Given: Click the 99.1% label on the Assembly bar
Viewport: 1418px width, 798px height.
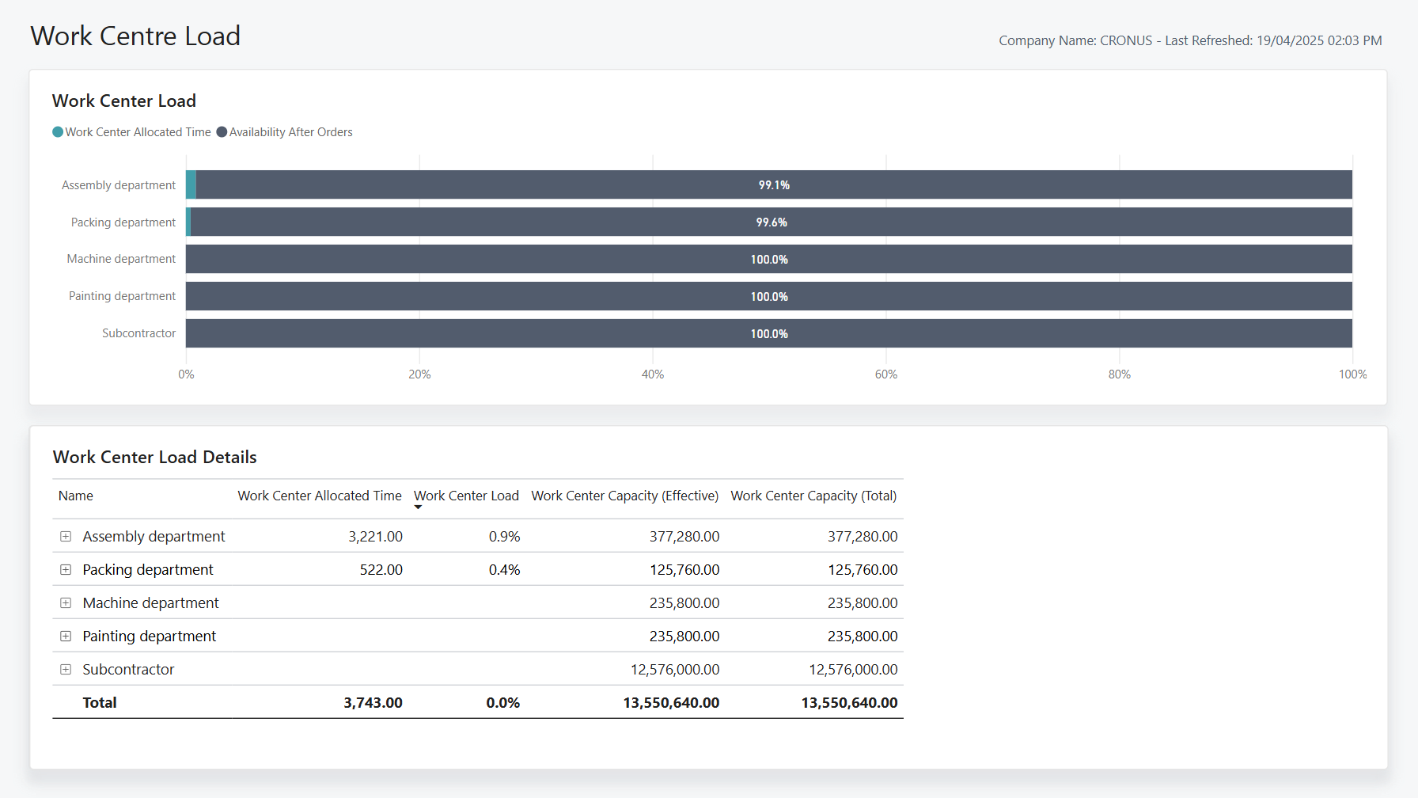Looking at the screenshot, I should [774, 185].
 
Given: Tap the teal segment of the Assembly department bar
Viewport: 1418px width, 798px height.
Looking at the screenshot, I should [191, 184].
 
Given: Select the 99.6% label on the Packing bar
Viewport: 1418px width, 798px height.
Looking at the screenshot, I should [772, 222].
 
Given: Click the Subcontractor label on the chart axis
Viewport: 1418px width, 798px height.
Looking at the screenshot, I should [138, 333].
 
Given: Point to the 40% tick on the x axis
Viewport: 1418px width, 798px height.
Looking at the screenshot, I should [653, 374].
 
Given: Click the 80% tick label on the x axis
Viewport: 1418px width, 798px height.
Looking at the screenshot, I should [1119, 374].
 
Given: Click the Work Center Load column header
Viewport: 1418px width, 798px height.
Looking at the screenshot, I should [466, 496].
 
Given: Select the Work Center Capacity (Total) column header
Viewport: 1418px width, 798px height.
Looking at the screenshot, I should [813, 496].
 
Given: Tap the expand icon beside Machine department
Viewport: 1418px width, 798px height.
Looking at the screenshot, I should [66, 603].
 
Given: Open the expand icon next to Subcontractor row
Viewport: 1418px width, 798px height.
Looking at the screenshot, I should [66, 670].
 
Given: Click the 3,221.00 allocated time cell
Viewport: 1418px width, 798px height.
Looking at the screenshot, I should [375, 537].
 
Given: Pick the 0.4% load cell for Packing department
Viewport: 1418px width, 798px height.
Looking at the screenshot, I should [504, 570].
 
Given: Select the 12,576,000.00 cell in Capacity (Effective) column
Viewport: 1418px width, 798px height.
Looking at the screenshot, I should [675, 670].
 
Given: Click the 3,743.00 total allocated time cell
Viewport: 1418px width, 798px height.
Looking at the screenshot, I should [373, 703].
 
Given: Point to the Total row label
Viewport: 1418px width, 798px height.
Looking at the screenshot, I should [100, 703].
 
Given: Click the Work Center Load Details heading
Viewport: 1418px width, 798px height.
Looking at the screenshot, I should [154, 458].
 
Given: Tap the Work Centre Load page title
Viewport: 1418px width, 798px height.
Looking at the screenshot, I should [135, 36].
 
